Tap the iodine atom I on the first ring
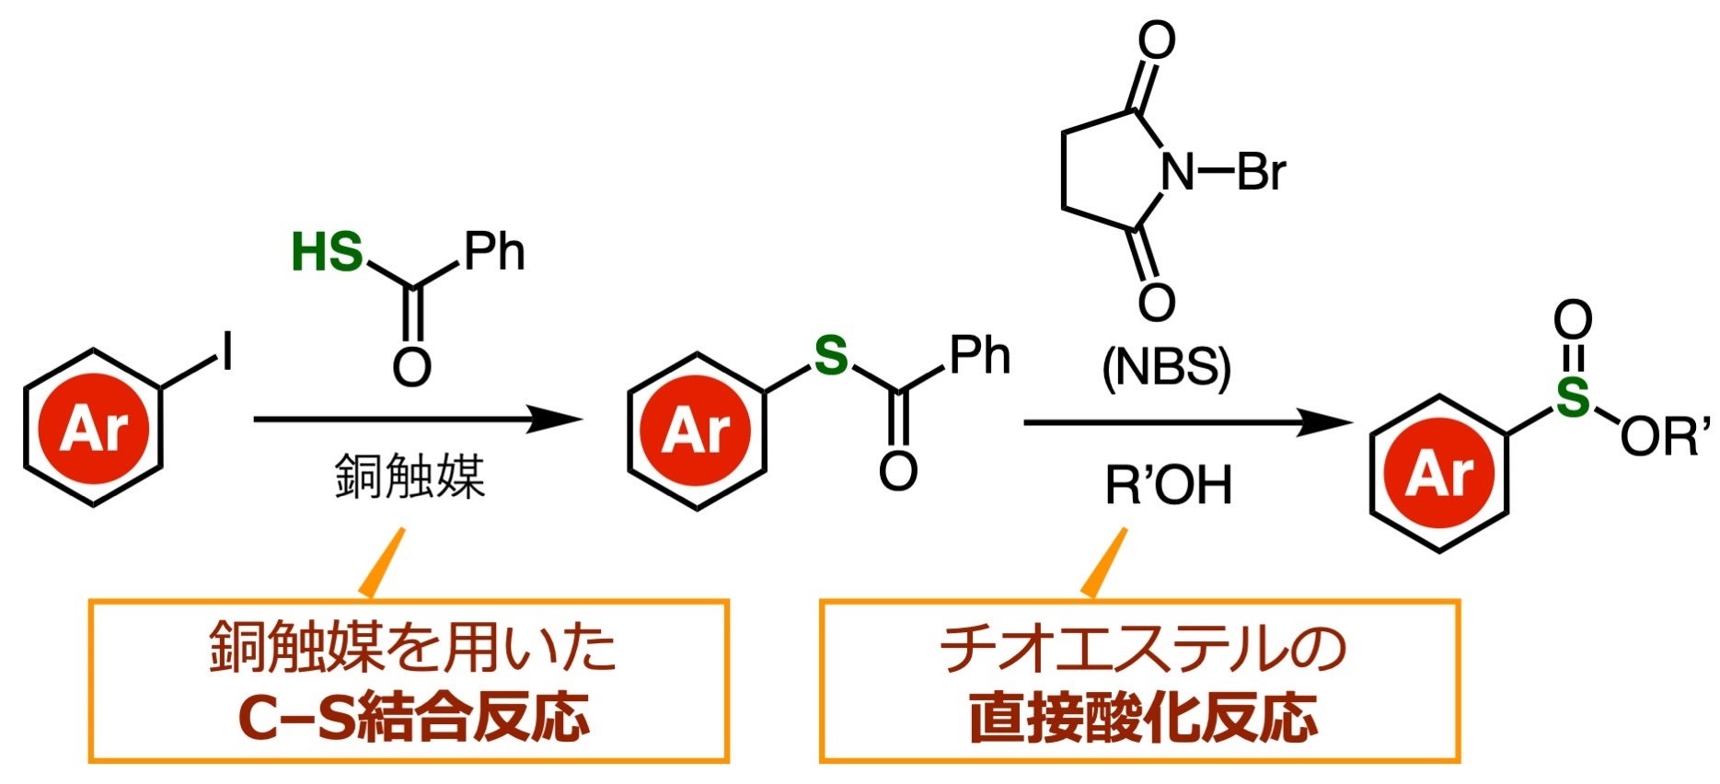coord(226,353)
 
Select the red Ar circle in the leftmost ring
coord(93,428)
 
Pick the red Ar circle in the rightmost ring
coord(1439,474)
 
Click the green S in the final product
coord(1573,398)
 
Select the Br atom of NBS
coord(1261,171)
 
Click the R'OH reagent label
coord(1168,485)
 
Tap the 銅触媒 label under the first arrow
coord(410,477)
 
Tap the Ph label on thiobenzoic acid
coord(494,251)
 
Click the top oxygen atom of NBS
coord(1156,41)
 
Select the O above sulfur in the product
coord(1573,321)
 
